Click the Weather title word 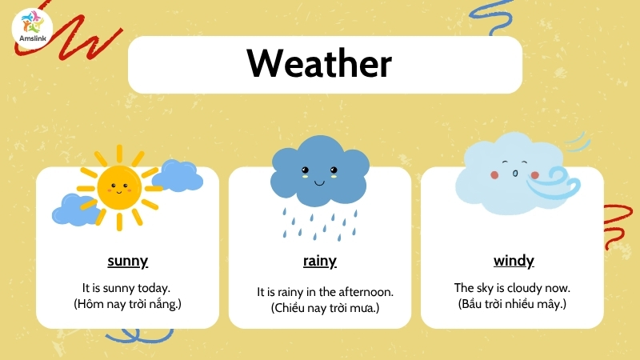click(319, 63)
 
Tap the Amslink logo click(33, 28)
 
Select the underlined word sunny click(128, 261)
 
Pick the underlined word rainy click(319, 261)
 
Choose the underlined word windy click(514, 261)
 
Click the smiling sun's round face click(119, 188)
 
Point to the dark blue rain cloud click(319, 170)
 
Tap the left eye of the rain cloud click(305, 170)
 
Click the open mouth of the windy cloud click(515, 174)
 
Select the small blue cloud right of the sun click(178, 175)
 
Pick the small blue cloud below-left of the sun click(75, 210)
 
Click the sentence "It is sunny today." click(126, 288)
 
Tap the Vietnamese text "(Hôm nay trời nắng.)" click(127, 304)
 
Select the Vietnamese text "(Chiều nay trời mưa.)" click(325, 308)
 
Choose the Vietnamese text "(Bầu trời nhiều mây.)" click(512, 304)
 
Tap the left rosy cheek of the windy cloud click(494, 174)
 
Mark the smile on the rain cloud click(319, 183)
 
